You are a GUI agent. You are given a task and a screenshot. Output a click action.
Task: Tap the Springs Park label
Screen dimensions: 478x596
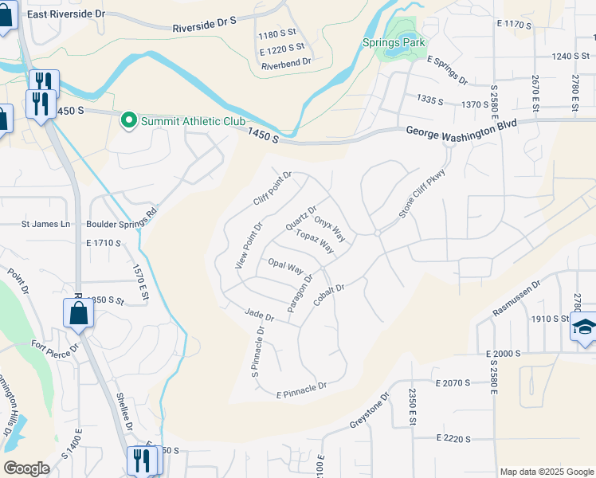392,41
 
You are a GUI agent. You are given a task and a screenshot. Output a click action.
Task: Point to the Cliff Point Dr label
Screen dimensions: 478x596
273,189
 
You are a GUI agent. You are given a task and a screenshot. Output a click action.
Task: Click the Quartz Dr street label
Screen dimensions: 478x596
301,219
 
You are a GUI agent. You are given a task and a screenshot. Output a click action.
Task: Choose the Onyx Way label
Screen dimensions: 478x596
330,229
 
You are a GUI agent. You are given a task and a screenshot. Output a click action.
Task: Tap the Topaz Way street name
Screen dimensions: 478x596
315,241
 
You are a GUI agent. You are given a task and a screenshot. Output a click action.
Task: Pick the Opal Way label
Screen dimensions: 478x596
286,265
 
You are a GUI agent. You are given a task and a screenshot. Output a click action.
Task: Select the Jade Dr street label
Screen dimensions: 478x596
260,315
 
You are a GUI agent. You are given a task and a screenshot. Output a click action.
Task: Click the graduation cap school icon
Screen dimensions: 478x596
584,327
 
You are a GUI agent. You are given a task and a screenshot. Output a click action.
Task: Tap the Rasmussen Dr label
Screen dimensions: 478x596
516,297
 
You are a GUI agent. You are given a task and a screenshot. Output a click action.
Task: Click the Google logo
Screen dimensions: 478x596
26,468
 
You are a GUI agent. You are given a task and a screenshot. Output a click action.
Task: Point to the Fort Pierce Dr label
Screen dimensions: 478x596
55,349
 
